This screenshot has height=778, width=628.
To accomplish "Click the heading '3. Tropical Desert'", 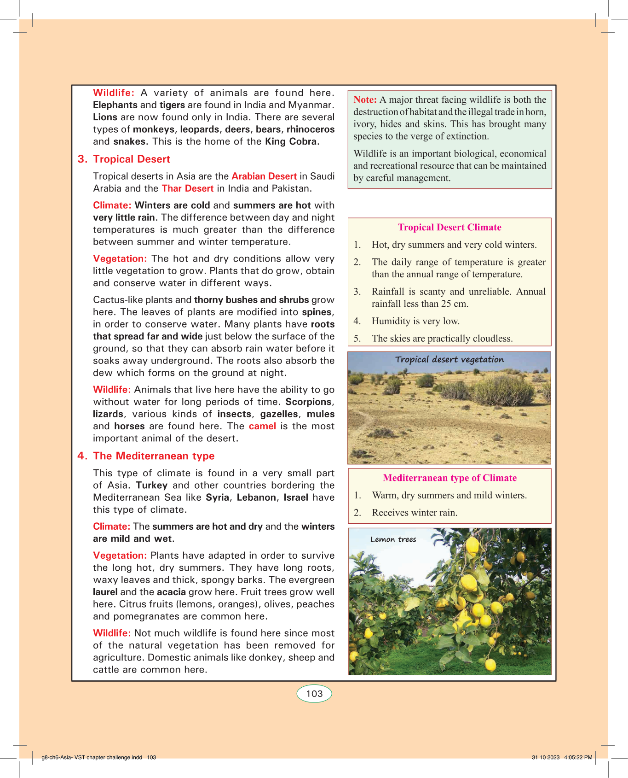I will pos(124,159).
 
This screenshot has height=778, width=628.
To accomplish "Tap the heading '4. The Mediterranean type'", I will pos(146,456).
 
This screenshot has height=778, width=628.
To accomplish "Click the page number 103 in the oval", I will pos(314,694).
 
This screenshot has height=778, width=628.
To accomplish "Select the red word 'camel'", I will pos(262,426).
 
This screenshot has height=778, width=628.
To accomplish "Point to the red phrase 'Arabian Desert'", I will pos(264,176).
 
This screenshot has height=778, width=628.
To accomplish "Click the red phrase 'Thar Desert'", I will pos(187,188).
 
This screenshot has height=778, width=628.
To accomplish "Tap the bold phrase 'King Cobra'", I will pos(291,141).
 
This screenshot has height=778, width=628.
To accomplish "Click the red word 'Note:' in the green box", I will pos(365,99).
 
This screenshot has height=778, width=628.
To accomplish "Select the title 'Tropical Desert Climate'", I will pos(449,227).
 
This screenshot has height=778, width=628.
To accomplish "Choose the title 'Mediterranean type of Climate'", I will pos(449,478).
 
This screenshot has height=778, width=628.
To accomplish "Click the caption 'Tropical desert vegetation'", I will pos(449,359).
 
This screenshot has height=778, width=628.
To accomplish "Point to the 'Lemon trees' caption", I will pos(393,539).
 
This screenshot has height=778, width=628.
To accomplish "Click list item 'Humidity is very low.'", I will pos(415,321).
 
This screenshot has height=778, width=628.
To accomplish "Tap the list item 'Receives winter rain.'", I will pos(415,512).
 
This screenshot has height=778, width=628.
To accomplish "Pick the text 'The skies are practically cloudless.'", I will pos(442,338).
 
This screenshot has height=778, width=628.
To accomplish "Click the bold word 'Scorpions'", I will pos(308,402).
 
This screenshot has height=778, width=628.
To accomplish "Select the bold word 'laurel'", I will pos(105,592).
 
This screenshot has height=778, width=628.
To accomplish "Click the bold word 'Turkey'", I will pos(151,485).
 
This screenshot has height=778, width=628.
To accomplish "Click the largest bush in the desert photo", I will pos(501,390).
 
